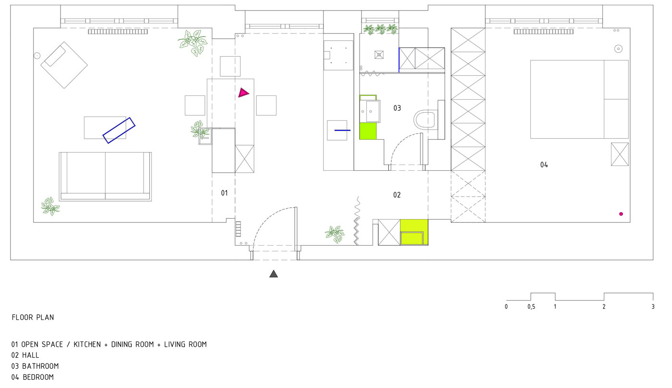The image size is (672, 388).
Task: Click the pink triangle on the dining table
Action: click(243, 93)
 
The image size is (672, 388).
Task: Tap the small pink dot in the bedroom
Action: click(621, 214)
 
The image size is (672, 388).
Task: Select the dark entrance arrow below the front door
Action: click(273, 274)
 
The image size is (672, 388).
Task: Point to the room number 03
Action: click(397, 108)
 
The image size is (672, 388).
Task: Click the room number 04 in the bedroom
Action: click(544, 165)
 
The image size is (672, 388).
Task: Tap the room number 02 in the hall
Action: click(397, 195)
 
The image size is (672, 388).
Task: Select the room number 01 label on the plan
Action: click(224, 193)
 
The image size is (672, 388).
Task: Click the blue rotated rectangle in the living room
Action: click(119, 130)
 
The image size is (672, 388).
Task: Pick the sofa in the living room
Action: click(105, 176)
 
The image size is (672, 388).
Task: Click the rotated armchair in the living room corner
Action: click(64, 65)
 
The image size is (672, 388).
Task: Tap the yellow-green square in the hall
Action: click(414, 232)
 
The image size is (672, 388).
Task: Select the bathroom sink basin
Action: click(370, 111)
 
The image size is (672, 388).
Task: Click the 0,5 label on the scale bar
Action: click(531, 307)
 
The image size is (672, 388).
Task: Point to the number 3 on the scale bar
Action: click(653, 306)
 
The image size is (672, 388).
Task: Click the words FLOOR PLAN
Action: click(33, 317)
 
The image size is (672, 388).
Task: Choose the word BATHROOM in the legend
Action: click(40, 366)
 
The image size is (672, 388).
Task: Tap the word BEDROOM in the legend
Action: click(38, 377)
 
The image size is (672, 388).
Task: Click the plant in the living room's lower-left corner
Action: click(50, 206)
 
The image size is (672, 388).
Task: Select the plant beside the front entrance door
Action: click(335, 234)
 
